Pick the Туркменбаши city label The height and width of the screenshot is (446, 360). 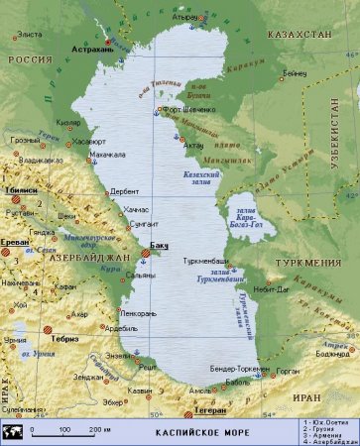click(206, 261)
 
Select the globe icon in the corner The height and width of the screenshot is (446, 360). click(14, 431)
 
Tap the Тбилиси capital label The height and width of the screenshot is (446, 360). click(21, 188)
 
